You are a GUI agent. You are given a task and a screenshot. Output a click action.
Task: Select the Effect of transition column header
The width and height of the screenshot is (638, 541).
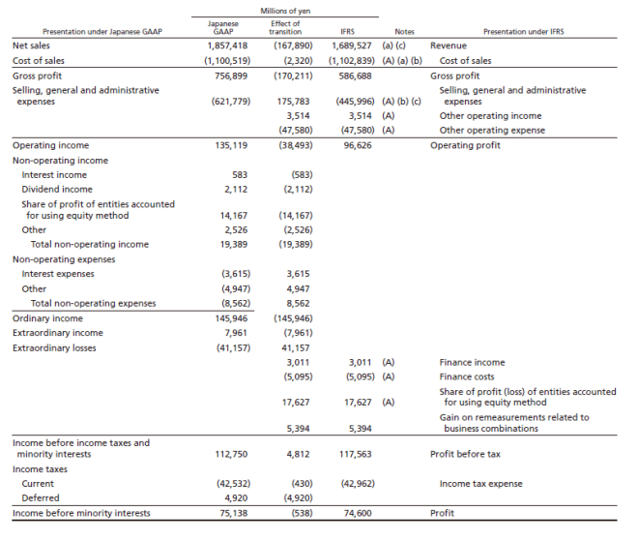pos(284,27)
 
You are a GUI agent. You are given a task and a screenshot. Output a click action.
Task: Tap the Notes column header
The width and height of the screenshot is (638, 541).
pos(404,32)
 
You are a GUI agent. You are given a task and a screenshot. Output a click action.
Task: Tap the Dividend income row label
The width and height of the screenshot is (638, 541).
pos(57,189)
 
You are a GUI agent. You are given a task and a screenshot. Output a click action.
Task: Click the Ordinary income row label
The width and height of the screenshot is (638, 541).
pos(47,318)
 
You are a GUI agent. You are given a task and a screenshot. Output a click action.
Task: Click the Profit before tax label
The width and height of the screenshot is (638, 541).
pos(465,453)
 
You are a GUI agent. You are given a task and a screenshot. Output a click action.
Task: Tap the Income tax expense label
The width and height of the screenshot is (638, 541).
pos(480,483)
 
